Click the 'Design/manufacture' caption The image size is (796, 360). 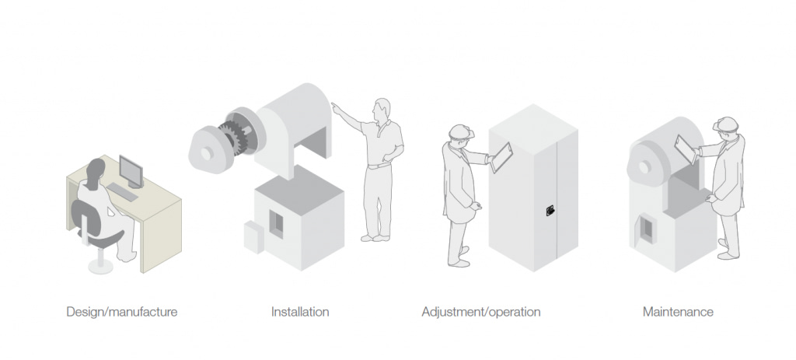[122, 311]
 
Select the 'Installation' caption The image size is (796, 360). [300, 311]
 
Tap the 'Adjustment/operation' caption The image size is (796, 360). [480, 311]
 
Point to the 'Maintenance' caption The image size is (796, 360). [678, 311]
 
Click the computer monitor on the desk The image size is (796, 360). [131, 172]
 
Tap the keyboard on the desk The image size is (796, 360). [122, 192]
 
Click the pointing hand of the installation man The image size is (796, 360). [336, 107]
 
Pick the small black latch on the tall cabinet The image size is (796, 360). [550, 211]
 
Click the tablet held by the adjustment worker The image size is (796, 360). [501, 157]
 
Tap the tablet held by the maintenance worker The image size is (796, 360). [686, 149]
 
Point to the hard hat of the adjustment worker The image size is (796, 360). [461, 131]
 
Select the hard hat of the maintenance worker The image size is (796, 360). [727, 124]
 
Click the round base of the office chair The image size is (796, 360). [100, 266]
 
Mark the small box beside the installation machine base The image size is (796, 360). [254, 236]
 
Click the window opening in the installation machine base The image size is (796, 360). [276, 224]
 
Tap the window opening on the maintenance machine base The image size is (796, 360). [646, 229]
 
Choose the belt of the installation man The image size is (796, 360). [379, 166]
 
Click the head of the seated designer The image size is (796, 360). [96, 170]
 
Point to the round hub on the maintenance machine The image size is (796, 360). [644, 166]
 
